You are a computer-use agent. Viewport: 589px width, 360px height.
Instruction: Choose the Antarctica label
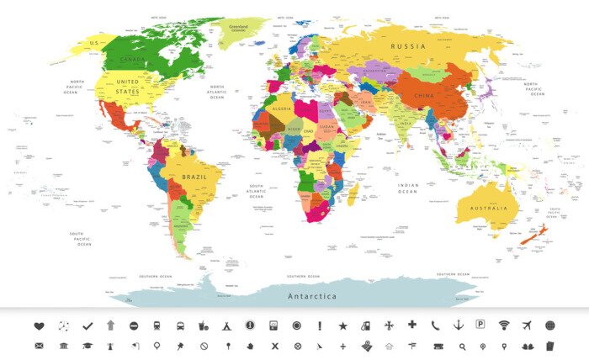point(312,297)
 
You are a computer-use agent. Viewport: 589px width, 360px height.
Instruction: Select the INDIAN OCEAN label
point(408,188)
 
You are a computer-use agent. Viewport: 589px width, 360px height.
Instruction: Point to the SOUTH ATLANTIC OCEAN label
point(257,190)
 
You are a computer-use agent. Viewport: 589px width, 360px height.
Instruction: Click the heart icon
point(39,326)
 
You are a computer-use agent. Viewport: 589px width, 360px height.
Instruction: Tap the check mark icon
point(87,326)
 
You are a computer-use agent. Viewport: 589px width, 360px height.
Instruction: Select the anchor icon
point(458,326)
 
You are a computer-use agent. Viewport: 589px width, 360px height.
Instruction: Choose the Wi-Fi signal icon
point(504,326)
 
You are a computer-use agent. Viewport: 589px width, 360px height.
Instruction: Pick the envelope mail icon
point(39,346)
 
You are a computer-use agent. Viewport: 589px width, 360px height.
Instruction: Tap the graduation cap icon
point(87,346)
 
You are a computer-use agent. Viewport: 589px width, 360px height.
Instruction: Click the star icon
point(342,326)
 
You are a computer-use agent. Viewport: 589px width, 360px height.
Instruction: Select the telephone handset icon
point(435,326)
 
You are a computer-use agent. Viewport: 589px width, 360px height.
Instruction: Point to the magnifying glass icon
point(461,346)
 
